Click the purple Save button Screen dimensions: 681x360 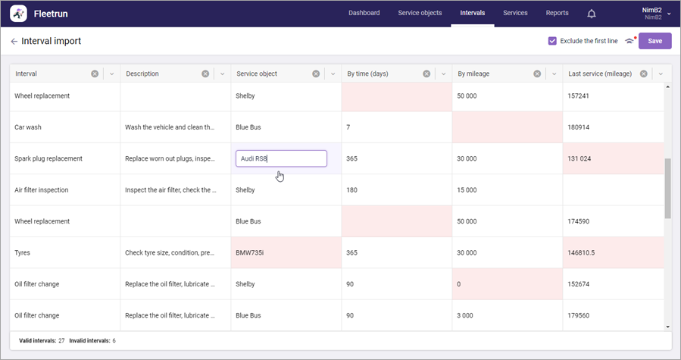pyautogui.click(x=654, y=41)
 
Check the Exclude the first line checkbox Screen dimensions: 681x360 pyautogui.click(x=552, y=41)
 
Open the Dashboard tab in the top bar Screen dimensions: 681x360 pyautogui.click(x=364, y=13)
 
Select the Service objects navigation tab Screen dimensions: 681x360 pyautogui.click(x=420, y=13)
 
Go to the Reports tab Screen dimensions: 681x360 pyautogui.click(x=557, y=13)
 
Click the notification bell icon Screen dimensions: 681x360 pyautogui.click(x=591, y=14)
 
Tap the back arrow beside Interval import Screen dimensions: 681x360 pyautogui.click(x=14, y=41)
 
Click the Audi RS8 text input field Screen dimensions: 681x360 pyautogui.click(x=281, y=158)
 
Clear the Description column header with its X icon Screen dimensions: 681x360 pyautogui.click(x=205, y=74)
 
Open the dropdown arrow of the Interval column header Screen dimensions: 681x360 pyautogui.click(x=111, y=74)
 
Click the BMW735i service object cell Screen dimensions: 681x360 pyautogui.click(x=286, y=252)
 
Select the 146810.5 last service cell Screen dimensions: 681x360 pyautogui.click(x=614, y=252)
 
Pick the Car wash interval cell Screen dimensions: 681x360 pyautogui.click(x=65, y=127)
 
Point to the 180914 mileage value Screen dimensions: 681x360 pyautogui.click(x=578, y=127)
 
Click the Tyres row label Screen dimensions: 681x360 pyautogui.click(x=22, y=252)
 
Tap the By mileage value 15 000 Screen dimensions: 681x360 pyautogui.click(x=467, y=190)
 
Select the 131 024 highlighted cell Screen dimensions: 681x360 pyautogui.click(x=614, y=158)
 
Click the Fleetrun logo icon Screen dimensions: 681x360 pyautogui.click(x=18, y=14)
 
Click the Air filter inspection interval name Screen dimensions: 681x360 pyautogui.click(x=41, y=190)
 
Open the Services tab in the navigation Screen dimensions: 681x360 pyautogui.click(x=515, y=13)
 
